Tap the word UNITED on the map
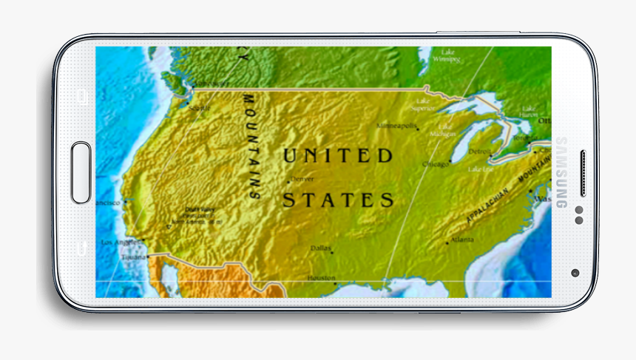pyautogui.click(x=338, y=156)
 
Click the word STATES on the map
pyautogui.click(x=339, y=200)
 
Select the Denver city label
pyautogui.click(x=302, y=179)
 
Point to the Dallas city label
pyautogui.click(x=321, y=248)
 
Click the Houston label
pyautogui.click(x=322, y=278)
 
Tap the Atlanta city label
pyautogui.click(x=463, y=240)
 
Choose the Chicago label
pyautogui.click(x=436, y=164)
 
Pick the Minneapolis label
pyautogui.click(x=398, y=126)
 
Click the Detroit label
pyautogui.click(x=480, y=152)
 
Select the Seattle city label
pyautogui.click(x=200, y=108)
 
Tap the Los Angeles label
pyautogui.click(x=119, y=242)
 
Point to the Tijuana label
pyautogui.click(x=134, y=257)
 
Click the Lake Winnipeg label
pyautogui.click(x=447, y=55)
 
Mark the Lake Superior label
pyautogui.click(x=423, y=104)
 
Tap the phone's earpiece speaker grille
pyautogui.click(x=583, y=174)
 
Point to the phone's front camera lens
pyautogui.click(x=575, y=272)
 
